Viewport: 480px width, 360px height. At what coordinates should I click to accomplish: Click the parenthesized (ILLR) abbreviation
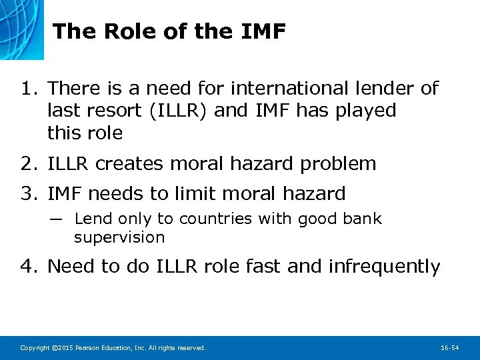coord(180,110)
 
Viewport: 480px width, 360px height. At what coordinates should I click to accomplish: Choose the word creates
coord(128,163)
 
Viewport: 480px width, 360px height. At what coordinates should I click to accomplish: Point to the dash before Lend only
coord(56,219)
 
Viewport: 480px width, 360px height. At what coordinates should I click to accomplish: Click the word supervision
coord(119,237)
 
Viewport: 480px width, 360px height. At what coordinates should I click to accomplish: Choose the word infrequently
coord(384,267)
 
